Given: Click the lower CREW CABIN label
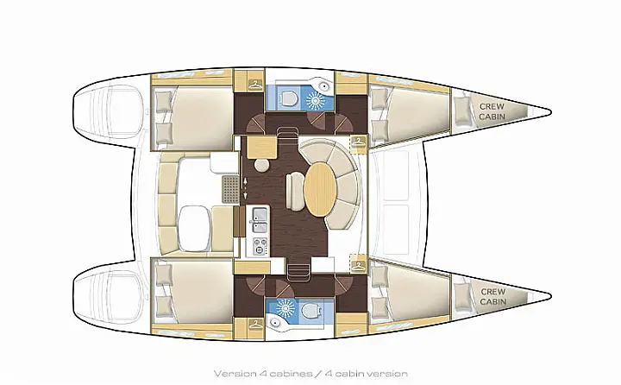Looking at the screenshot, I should point(492,296).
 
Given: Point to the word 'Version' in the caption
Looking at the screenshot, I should point(235,374).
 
